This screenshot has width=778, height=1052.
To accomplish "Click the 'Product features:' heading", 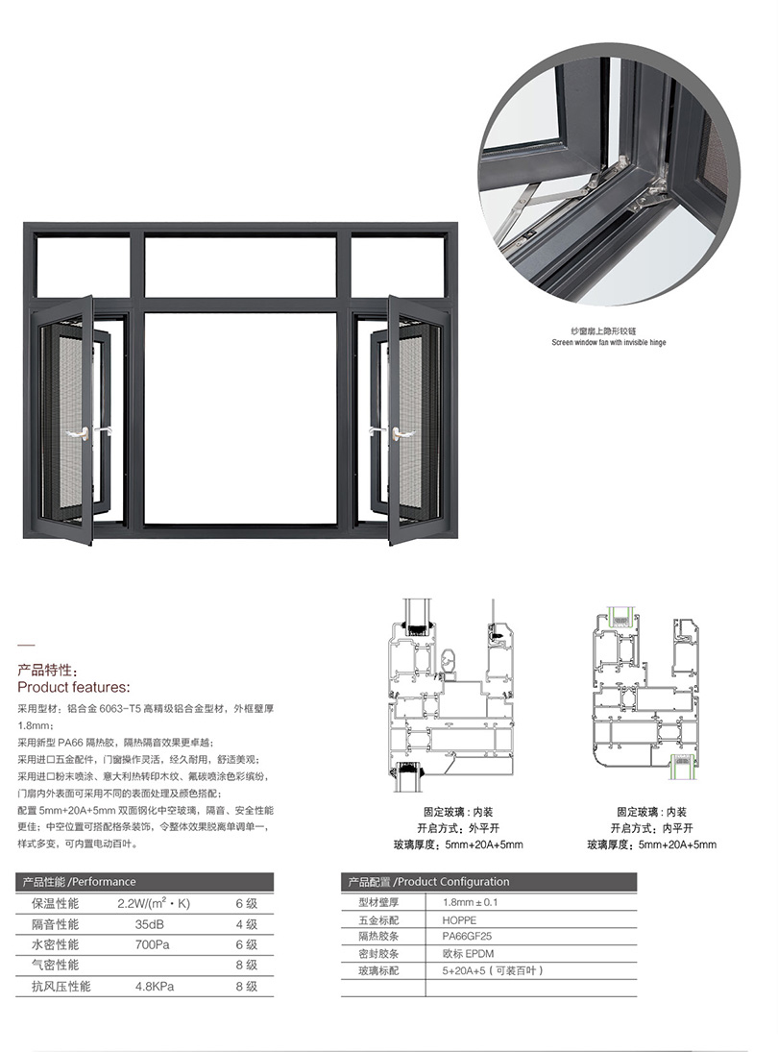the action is coord(74,687).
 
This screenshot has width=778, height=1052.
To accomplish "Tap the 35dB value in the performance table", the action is coord(150,924).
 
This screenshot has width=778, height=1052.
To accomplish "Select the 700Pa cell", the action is coord(153,944).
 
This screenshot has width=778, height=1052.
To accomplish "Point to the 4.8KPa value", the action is coord(155,987).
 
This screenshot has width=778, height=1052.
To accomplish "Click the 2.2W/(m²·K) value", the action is coord(154,903).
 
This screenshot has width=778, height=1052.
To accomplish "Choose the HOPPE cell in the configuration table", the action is coord(459,920).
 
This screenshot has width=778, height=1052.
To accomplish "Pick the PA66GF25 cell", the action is coord(467,937).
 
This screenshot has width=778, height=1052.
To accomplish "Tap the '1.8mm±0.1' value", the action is coord(470,903).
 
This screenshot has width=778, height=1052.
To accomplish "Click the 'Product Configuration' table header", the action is coord(453,882).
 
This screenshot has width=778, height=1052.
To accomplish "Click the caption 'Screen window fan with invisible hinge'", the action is coord(609,342).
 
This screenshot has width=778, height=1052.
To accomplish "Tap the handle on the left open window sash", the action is coord(81,434).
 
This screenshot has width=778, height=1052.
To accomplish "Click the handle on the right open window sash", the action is coord(403,434).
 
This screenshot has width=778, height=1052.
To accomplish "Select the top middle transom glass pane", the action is coord(240,267).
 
